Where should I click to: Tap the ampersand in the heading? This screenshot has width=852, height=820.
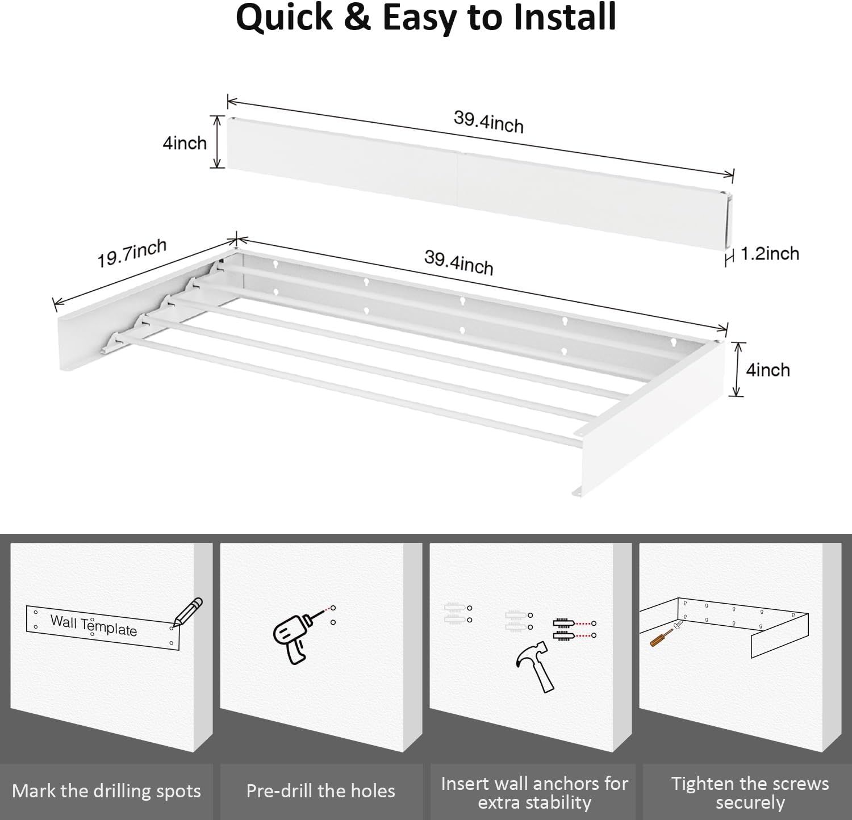[x=357, y=17]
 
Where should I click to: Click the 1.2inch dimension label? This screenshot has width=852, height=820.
[x=770, y=254]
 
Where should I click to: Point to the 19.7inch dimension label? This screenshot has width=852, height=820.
[x=132, y=253]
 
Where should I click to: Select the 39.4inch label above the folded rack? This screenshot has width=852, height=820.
[x=488, y=122]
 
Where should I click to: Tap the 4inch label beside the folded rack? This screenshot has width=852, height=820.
[x=185, y=143]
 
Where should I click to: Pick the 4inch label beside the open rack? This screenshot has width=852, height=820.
[x=768, y=370]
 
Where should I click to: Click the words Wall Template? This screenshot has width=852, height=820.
[x=94, y=625]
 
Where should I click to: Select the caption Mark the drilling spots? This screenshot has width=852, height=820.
[x=106, y=791]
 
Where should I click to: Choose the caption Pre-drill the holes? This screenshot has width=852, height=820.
[x=320, y=791]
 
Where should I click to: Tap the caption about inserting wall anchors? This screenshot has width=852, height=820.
[x=534, y=793]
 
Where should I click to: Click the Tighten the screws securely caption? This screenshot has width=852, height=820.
[x=750, y=793]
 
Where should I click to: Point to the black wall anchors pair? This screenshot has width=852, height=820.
[x=563, y=629]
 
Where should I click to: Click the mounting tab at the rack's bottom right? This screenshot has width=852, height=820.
[x=578, y=491]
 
